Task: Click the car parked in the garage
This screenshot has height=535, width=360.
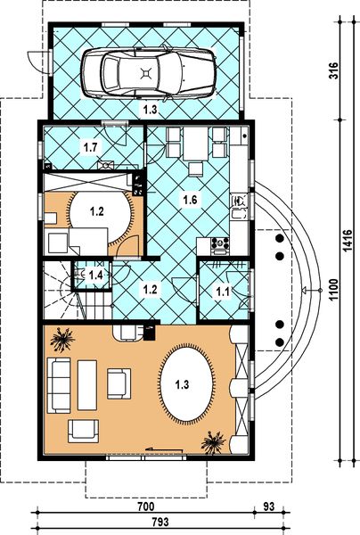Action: pyautogui.click(x=149, y=73)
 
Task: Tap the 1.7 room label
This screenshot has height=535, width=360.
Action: pyautogui.click(x=90, y=145)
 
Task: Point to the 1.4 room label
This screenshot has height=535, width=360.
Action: pyautogui.click(x=94, y=275)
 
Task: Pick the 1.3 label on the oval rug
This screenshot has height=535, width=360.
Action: pyautogui.click(x=182, y=385)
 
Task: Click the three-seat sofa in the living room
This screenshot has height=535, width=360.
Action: pyautogui.click(x=60, y=384)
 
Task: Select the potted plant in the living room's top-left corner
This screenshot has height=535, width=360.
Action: pyautogui.click(x=63, y=340)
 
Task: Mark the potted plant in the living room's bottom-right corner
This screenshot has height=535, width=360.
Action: pyautogui.click(x=214, y=440)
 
